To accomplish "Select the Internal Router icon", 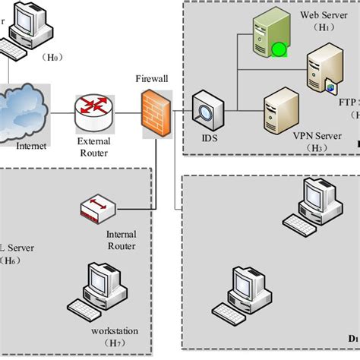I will [x=99, y=210].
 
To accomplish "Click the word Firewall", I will [x=153, y=78].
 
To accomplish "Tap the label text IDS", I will [x=207, y=139].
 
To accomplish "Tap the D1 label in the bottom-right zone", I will [x=353, y=337].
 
